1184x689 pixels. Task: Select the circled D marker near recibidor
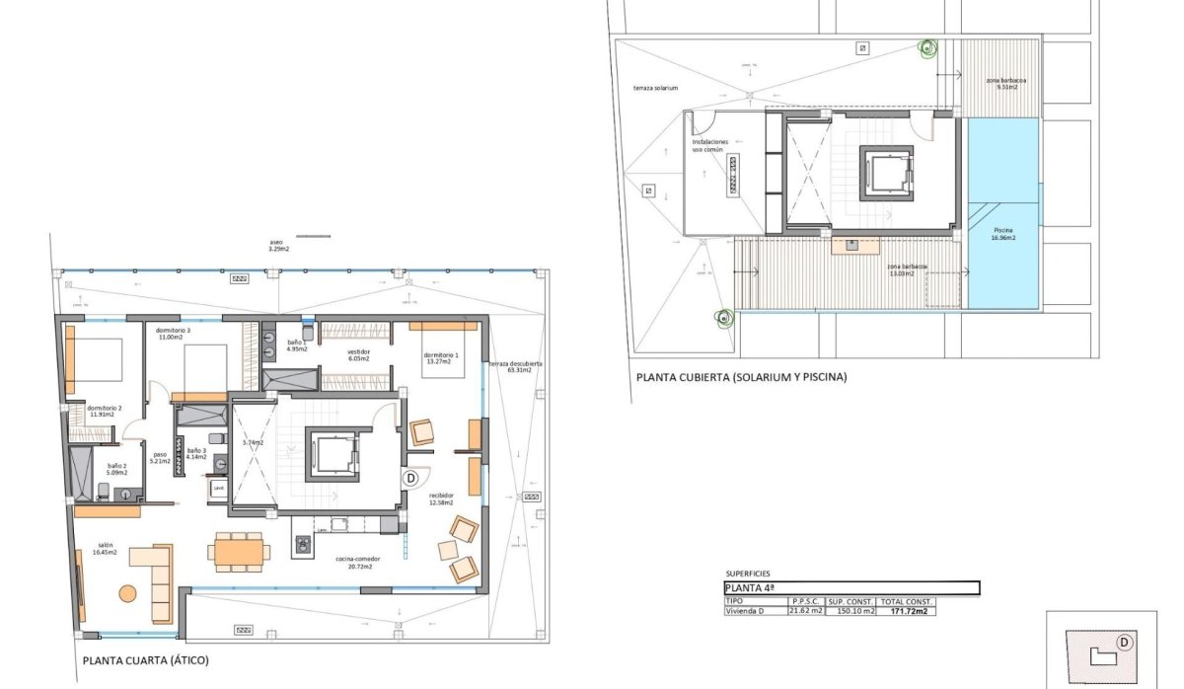[x=411, y=477]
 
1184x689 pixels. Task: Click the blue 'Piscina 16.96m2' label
[x=1003, y=234]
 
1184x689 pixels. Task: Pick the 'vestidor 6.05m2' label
[x=357, y=354]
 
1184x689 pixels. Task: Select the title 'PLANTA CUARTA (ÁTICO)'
[x=146, y=660]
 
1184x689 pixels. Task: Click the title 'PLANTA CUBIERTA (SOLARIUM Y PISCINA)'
[x=741, y=377]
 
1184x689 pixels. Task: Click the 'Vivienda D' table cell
[x=747, y=611]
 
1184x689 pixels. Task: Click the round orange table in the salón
[x=128, y=593]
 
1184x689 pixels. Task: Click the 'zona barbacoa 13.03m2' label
[x=906, y=269]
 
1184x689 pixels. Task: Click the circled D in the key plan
[x=1124, y=642]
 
